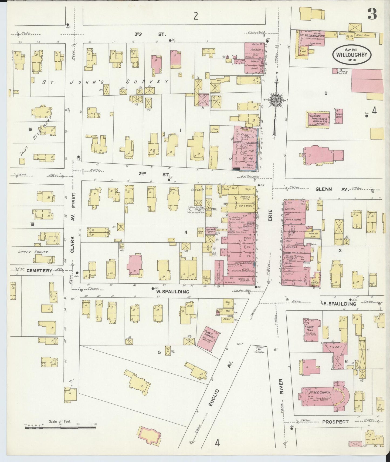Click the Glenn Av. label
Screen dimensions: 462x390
(x=332, y=190)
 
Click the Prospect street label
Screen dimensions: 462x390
(x=335, y=421)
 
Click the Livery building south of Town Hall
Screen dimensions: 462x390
(x=335, y=347)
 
